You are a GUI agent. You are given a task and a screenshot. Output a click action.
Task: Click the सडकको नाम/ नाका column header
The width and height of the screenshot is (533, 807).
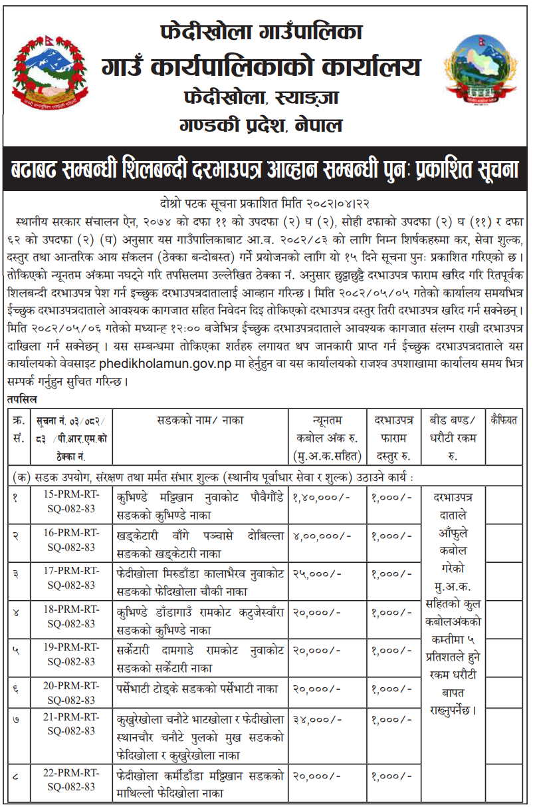coord(201,420)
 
